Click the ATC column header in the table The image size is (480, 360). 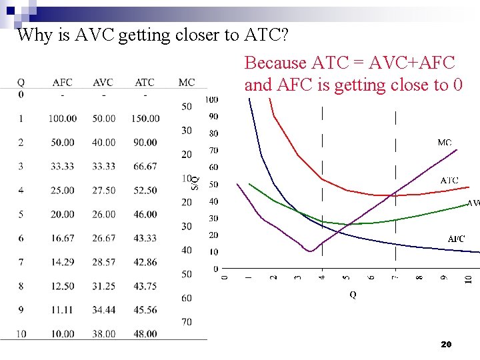(x=145, y=83)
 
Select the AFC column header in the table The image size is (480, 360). (x=62, y=83)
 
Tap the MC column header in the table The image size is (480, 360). (x=187, y=83)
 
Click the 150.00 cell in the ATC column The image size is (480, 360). (x=145, y=119)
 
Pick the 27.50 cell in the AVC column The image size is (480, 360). (x=103, y=191)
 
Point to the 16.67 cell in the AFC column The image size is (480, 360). (x=62, y=239)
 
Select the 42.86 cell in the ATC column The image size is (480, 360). (x=145, y=263)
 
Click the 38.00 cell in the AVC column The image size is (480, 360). (x=103, y=334)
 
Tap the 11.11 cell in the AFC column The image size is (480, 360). (x=62, y=310)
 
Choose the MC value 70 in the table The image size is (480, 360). (x=187, y=322)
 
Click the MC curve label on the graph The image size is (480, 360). (x=445, y=143)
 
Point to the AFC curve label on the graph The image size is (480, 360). (x=456, y=239)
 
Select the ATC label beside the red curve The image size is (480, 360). (x=449, y=181)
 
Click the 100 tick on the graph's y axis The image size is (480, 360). (x=211, y=100)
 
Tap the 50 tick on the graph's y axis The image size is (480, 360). (x=213, y=184)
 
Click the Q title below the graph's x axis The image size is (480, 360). (x=353, y=295)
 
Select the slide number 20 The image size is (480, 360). (x=447, y=345)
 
